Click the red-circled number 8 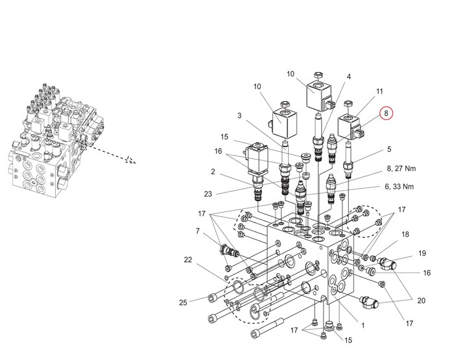[386, 114]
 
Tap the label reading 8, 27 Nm [401, 169]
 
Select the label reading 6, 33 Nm [400, 187]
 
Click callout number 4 [349, 77]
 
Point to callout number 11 [379, 91]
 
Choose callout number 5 [389, 149]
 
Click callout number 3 [239, 115]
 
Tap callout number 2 [213, 172]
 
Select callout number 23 [208, 194]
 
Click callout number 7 [197, 231]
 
